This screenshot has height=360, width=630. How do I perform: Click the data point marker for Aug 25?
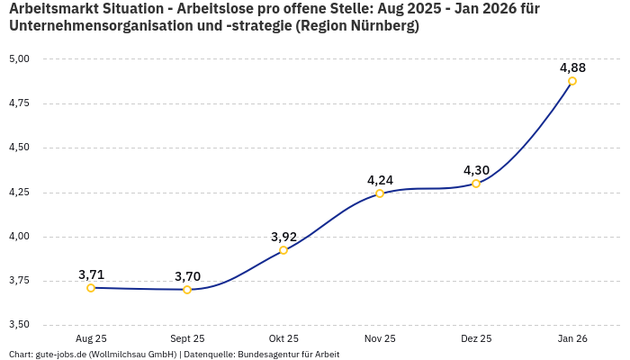(91, 288)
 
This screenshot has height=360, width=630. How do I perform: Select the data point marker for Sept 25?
(187, 290)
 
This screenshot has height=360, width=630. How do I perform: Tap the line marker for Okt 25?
(283, 250)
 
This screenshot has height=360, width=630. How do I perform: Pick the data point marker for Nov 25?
(380, 193)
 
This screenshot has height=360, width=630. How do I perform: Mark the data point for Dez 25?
(476, 184)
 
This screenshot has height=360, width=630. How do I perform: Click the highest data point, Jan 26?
(572, 81)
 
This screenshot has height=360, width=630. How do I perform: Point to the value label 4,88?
(572, 67)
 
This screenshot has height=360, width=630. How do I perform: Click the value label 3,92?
(283, 237)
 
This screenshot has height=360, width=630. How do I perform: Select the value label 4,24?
(380, 180)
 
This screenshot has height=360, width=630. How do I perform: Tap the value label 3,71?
(91, 274)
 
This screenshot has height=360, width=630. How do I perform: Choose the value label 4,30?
(476, 170)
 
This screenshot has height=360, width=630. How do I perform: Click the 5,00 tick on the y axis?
(19, 59)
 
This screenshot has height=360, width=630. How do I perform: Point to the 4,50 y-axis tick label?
(19, 148)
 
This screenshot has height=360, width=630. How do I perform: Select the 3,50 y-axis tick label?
(19, 325)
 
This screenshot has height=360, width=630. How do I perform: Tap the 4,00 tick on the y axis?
(19, 237)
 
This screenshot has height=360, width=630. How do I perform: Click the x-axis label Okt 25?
(283, 339)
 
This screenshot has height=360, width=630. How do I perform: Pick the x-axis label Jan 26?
(572, 339)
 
